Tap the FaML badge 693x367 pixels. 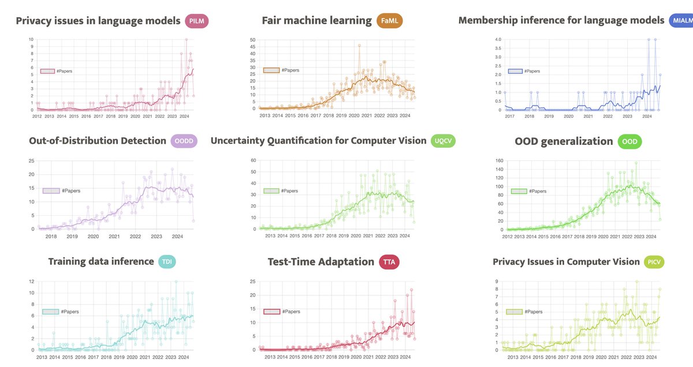tap(389, 21)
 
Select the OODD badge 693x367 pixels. tap(184, 142)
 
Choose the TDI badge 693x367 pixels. tap(166, 262)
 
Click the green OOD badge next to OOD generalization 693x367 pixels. tap(629, 142)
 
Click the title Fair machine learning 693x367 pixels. tap(316, 21)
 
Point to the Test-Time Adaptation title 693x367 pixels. tap(321, 262)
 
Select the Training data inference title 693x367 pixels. tap(101, 262)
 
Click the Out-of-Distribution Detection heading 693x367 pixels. tap(97, 141)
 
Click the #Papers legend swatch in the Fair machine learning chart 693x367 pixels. tap(271, 70)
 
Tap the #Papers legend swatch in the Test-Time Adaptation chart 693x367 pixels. tap(271, 312)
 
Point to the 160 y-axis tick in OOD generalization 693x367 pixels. tap(498, 160)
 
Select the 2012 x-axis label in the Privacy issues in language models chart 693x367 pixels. tap(37, 116)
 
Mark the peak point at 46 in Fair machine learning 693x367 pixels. tap(359, 45)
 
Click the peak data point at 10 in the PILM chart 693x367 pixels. tap(186, 40)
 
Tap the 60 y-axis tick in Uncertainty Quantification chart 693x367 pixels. tap(253, 160)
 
